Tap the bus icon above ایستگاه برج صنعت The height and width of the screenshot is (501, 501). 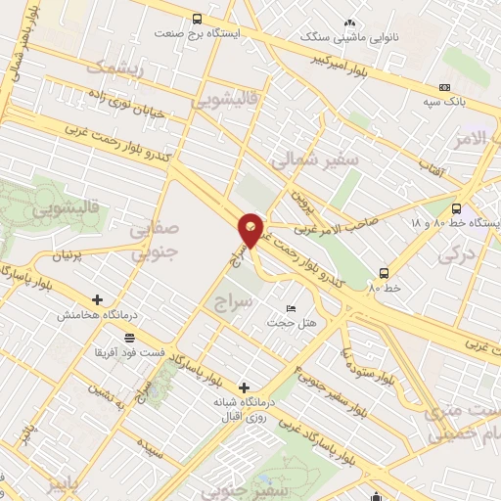pos(197,19)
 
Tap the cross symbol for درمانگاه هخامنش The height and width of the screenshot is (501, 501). pos(97,300)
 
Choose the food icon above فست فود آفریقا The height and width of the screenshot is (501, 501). pos(128,337)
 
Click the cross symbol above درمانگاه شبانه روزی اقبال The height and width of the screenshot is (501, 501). pos(244,387)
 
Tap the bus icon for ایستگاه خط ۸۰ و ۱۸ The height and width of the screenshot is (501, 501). pos(457,207)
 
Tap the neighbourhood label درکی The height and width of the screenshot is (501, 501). pos(453,255)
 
